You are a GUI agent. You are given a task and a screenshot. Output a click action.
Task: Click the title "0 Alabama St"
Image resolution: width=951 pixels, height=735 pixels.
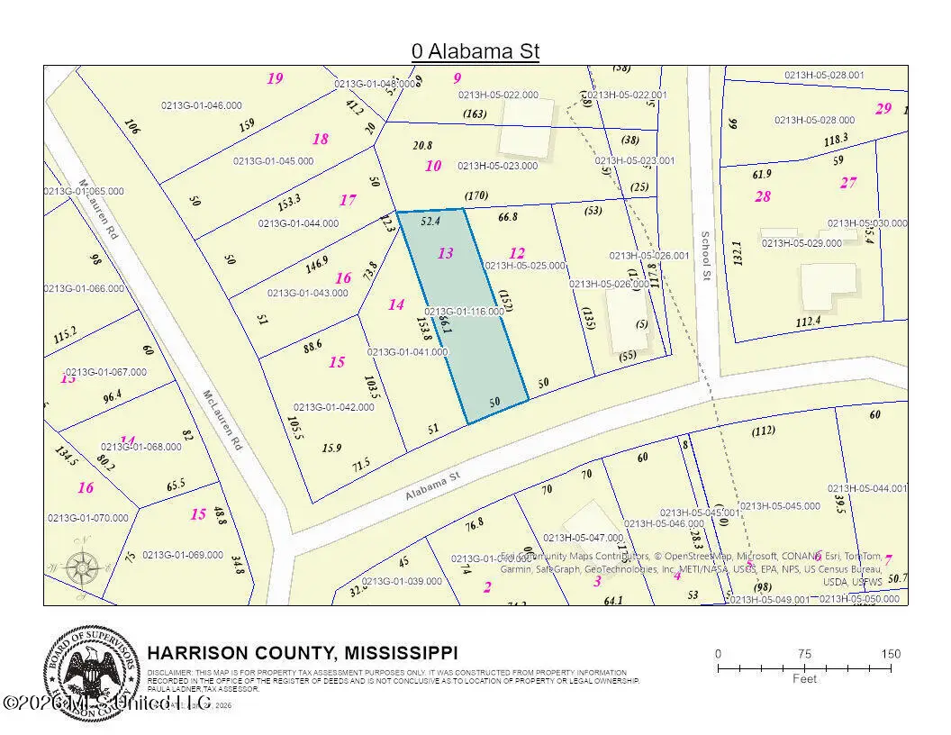(x=475, y=51)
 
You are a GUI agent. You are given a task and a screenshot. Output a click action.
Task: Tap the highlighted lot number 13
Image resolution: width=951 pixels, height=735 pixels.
(x=445, y=253)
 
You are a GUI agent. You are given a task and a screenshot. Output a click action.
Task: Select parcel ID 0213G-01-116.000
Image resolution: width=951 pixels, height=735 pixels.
(x=464, y=311)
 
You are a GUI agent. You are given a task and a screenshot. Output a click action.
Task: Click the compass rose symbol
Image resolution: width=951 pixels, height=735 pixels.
(x=83, y=567)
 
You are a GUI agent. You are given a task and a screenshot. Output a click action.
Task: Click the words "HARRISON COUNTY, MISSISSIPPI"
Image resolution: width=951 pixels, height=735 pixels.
(x=303, y=652)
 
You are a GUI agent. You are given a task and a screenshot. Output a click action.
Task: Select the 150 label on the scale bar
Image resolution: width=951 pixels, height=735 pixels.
(x=890, y=654)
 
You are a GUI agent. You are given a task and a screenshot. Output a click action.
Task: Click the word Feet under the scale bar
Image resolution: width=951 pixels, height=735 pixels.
(x=804, y=678)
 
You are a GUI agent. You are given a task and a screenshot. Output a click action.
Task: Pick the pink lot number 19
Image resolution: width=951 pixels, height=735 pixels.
(x=275, y=78)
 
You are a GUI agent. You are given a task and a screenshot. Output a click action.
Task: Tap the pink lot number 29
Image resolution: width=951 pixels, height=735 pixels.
(x=883, y=109)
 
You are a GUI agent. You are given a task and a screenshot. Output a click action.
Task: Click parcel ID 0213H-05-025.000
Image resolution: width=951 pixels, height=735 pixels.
(x=525, y=266)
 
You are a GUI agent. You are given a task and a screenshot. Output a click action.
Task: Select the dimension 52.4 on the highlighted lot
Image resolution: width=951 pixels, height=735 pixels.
(x=430, y=220)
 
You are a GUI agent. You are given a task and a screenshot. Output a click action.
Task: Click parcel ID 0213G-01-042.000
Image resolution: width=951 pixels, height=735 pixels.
(x=333, y=407)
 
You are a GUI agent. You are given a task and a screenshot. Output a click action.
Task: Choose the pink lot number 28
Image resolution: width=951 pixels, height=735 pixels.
(x=763, y=196)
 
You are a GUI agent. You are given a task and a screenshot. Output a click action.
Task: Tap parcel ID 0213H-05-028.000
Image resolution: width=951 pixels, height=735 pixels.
(x=814, y=120)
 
